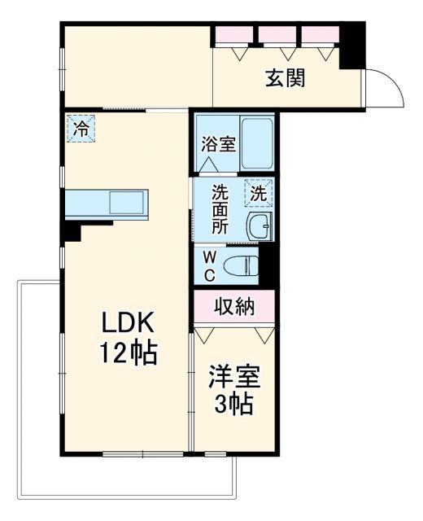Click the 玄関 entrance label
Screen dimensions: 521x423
pos(286,79)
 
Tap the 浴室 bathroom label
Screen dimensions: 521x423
pos(219,145)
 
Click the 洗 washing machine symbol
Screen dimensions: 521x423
pos(259,194)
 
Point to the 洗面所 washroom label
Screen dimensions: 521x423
pos(220,211)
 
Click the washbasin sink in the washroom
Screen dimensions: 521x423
pos(261,227)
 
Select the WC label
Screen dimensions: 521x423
pos(209,265)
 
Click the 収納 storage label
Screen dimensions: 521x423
pos(234,307)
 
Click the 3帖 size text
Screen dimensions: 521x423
pos(233,405)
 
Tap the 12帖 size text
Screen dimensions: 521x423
pos(128,354)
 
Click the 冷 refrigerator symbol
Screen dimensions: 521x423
pos(81,128)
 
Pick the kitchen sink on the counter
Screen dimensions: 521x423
pos(127,202)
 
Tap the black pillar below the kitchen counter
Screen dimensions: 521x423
pos(72,231)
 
